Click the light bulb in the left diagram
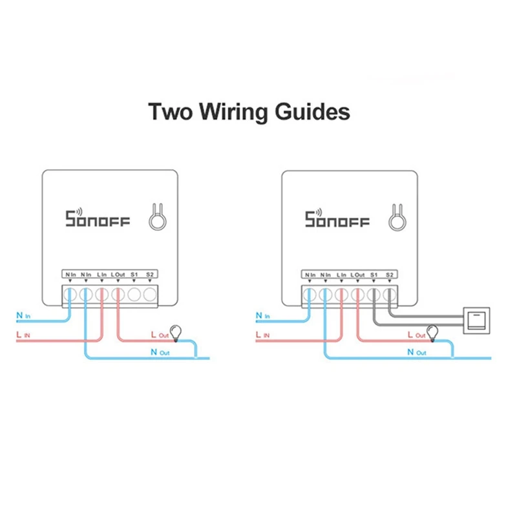pyautogui.click(x=173, y=331)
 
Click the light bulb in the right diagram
pyautogui.click(x=432, y=332)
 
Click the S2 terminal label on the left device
pyautogui.click(x=149, y=275)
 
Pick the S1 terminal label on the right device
pyautogui.click(x=373, y=275)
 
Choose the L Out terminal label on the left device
pyautogui.click(x=118, y=275)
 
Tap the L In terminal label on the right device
pyautogui.click(x=342, y=275)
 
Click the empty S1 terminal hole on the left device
pyautogui.click(x=134, y=295)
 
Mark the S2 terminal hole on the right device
pyautogui.click(x=389, y=295)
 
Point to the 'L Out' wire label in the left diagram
pyautogui.click(x=158, y=335)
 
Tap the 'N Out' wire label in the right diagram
pyautogui.click(x=416, y=352)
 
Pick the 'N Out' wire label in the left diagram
pyautogui.click(x=158, y=352)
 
